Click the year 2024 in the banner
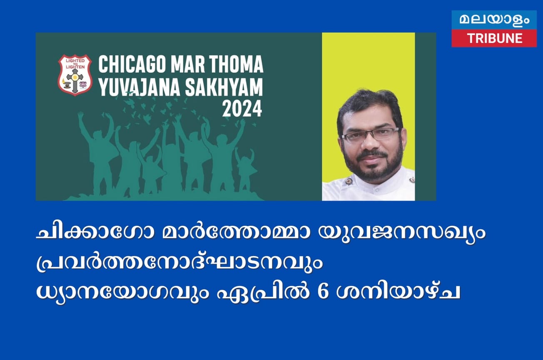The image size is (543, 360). coord(242,109)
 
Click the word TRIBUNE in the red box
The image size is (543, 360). coord(494,38)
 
